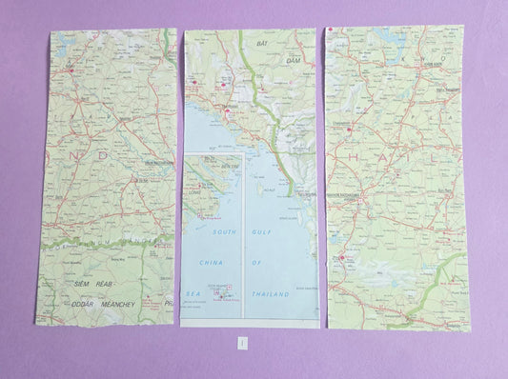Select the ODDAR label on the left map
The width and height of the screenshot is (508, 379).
tap(83, 304)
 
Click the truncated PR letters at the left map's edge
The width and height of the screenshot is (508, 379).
tap(168, 304)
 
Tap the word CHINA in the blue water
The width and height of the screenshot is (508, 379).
tap(210, 261)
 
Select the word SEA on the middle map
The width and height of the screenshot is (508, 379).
tap(191, 294)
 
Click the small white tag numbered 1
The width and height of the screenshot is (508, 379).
tap(243, 341)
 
